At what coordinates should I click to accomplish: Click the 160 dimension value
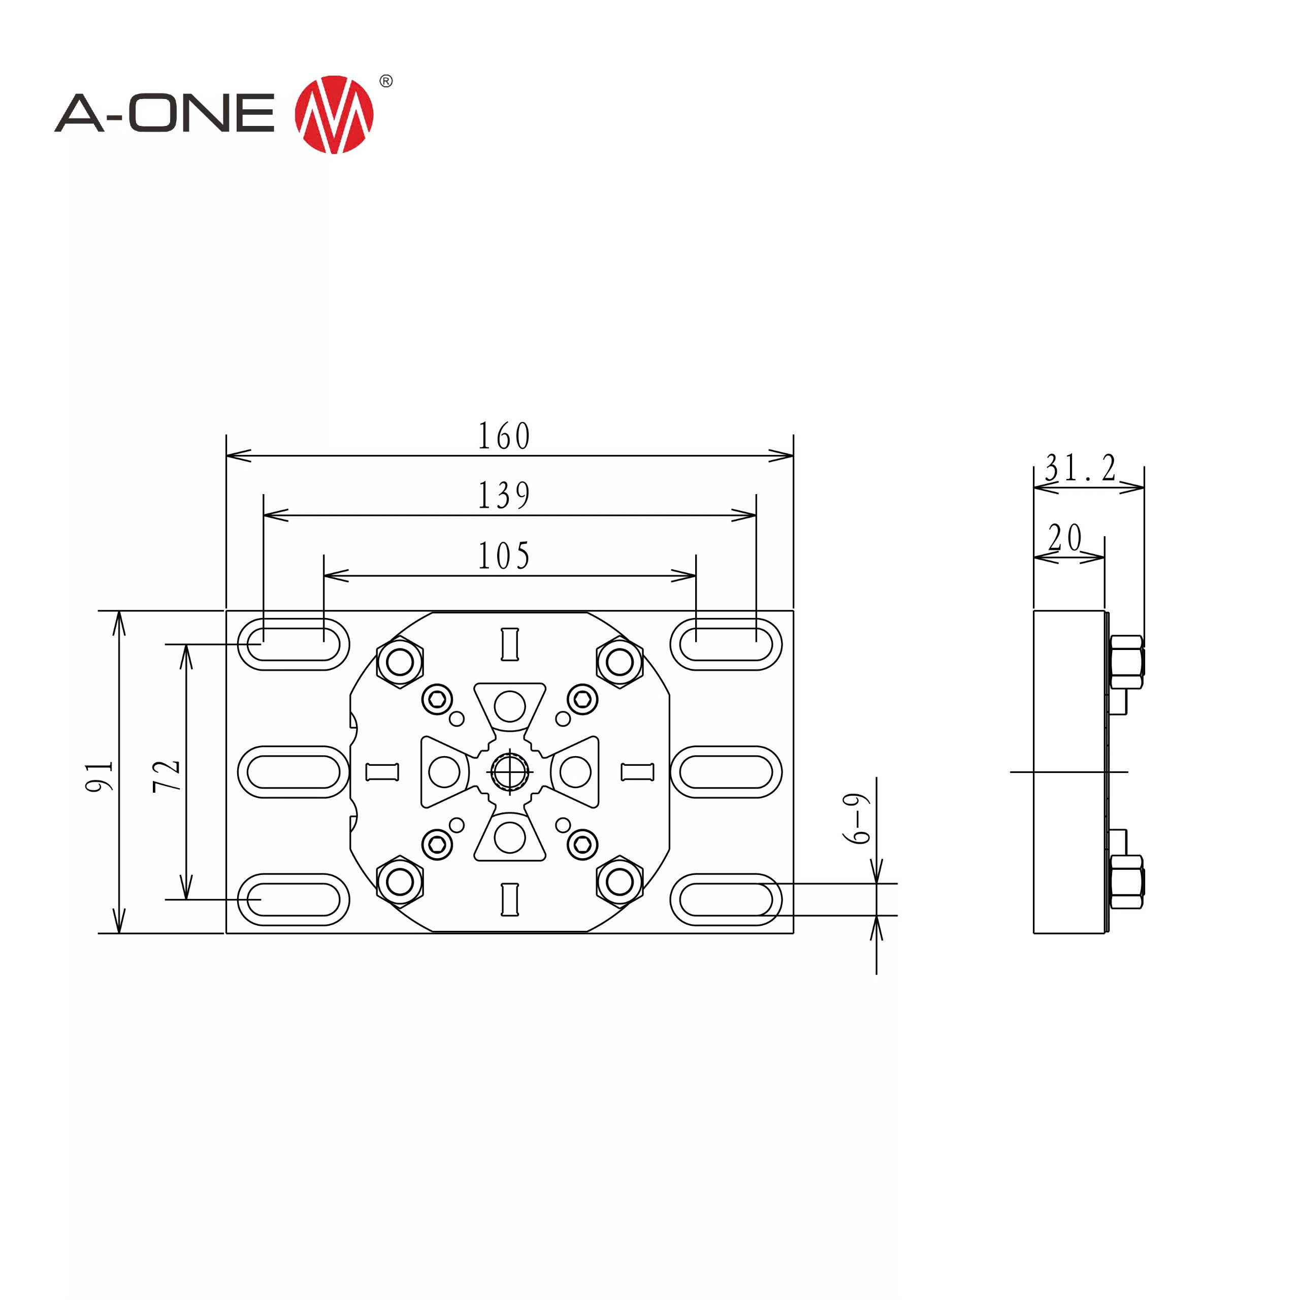504,436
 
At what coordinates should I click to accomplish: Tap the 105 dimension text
504,556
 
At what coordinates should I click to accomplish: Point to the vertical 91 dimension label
100,776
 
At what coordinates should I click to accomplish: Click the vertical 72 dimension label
166,776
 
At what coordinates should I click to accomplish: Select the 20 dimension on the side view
1065,538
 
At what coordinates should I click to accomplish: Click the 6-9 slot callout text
857,819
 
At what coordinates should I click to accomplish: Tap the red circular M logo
334,114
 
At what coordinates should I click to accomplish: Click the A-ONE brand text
165,113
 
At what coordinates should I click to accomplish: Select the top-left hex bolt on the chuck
400,662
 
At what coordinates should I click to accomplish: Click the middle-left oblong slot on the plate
294,772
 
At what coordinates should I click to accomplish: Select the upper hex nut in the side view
1126,662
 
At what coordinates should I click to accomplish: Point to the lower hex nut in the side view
1126,882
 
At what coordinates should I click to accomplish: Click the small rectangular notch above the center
509,644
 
